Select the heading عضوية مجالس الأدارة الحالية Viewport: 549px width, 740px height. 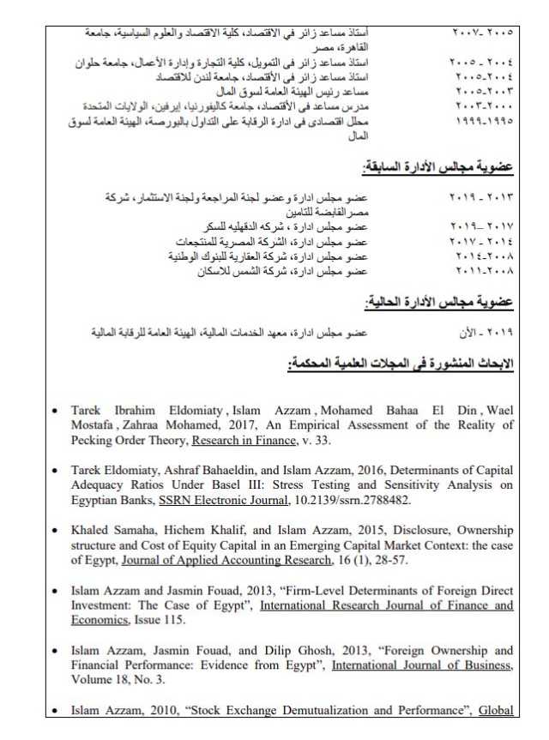(x=438, y=302)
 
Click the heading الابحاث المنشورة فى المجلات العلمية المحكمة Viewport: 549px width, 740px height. (x=401, y=364)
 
